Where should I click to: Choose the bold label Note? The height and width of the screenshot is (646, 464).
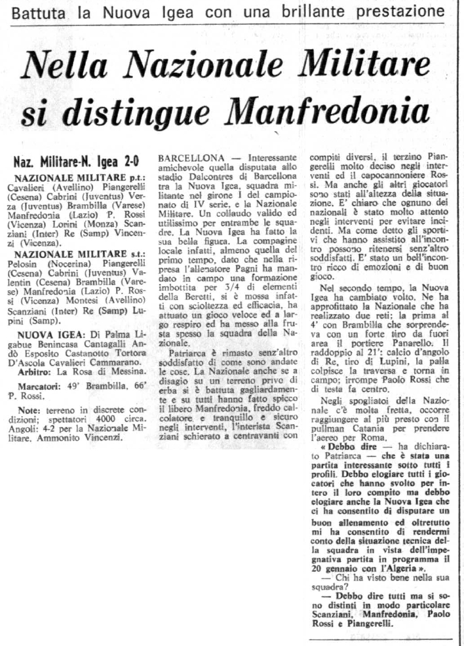[x=29, y=392]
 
